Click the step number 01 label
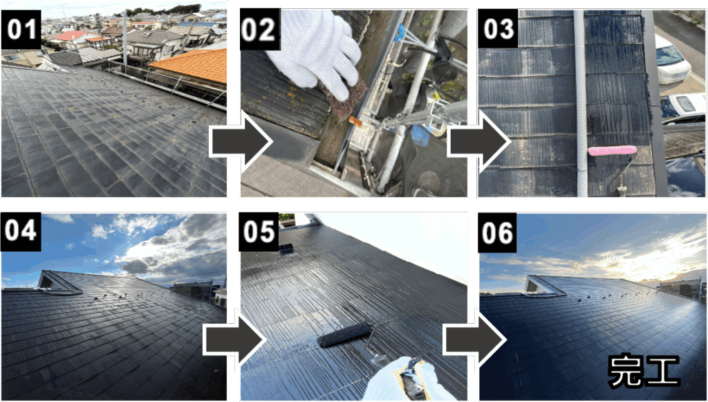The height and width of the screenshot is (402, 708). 21,29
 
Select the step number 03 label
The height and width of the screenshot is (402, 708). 498,29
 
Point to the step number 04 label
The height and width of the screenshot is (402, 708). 21,232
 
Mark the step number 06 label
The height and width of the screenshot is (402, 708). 498,232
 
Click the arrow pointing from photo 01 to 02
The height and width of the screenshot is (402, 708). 241,143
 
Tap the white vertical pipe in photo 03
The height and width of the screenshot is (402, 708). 581,103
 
